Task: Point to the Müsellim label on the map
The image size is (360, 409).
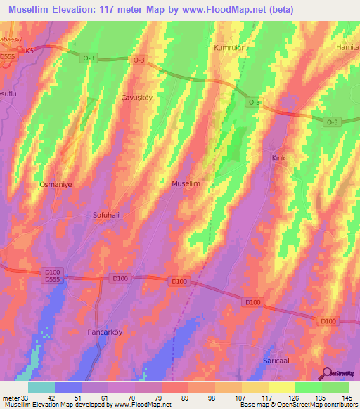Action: (x=187, y=183)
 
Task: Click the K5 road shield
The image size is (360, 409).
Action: (x=29, y=51)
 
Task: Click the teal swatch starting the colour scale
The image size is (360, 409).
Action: (x=42, y=387)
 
